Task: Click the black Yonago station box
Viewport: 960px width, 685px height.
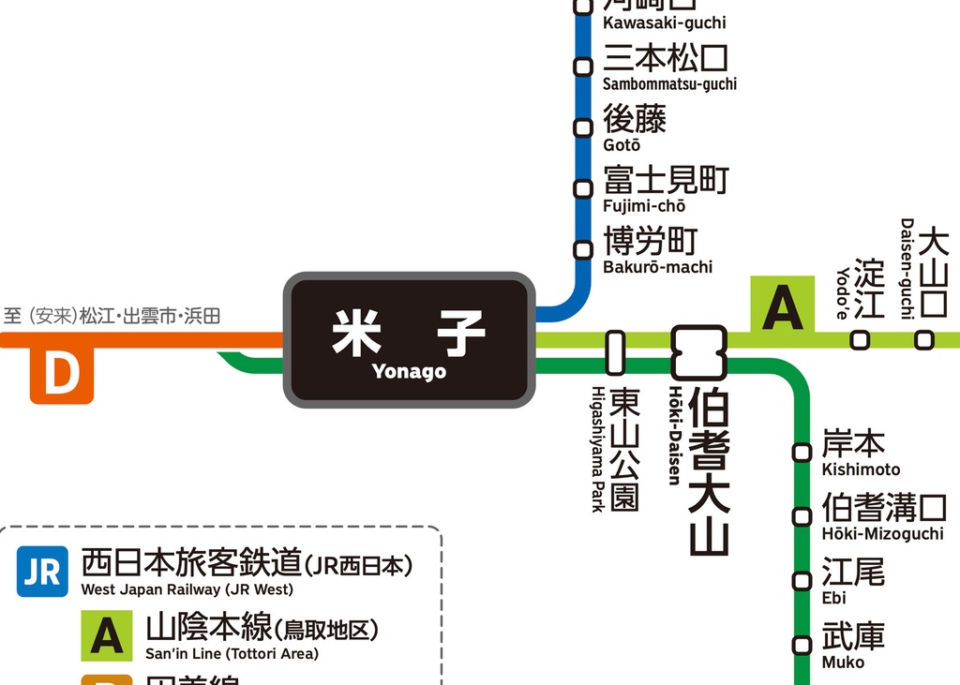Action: pos(409,340)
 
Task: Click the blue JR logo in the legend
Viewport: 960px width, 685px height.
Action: pos(42,572)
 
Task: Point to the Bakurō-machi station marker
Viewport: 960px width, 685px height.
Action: pos(583,249)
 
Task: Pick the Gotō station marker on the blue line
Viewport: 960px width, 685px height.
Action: pos(583,127)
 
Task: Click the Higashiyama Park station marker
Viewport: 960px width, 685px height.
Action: pos(615,352)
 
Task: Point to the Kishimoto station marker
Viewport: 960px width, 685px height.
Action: pos(802,453)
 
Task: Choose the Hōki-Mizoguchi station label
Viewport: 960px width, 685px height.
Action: pos(883,517)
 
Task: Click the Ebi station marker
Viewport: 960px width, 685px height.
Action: pos(802,581)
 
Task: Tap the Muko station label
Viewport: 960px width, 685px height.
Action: pos(852,646)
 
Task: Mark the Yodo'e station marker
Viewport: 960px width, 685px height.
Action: pos(860,340)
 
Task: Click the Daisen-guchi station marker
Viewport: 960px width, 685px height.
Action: pos(924,340)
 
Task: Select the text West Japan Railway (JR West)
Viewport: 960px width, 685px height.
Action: pos(187,590)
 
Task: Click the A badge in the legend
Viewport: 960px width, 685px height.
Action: pos(106,635)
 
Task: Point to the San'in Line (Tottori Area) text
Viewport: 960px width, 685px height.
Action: pos(232,654)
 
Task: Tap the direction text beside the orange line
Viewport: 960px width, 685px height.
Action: pos(112,316)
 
